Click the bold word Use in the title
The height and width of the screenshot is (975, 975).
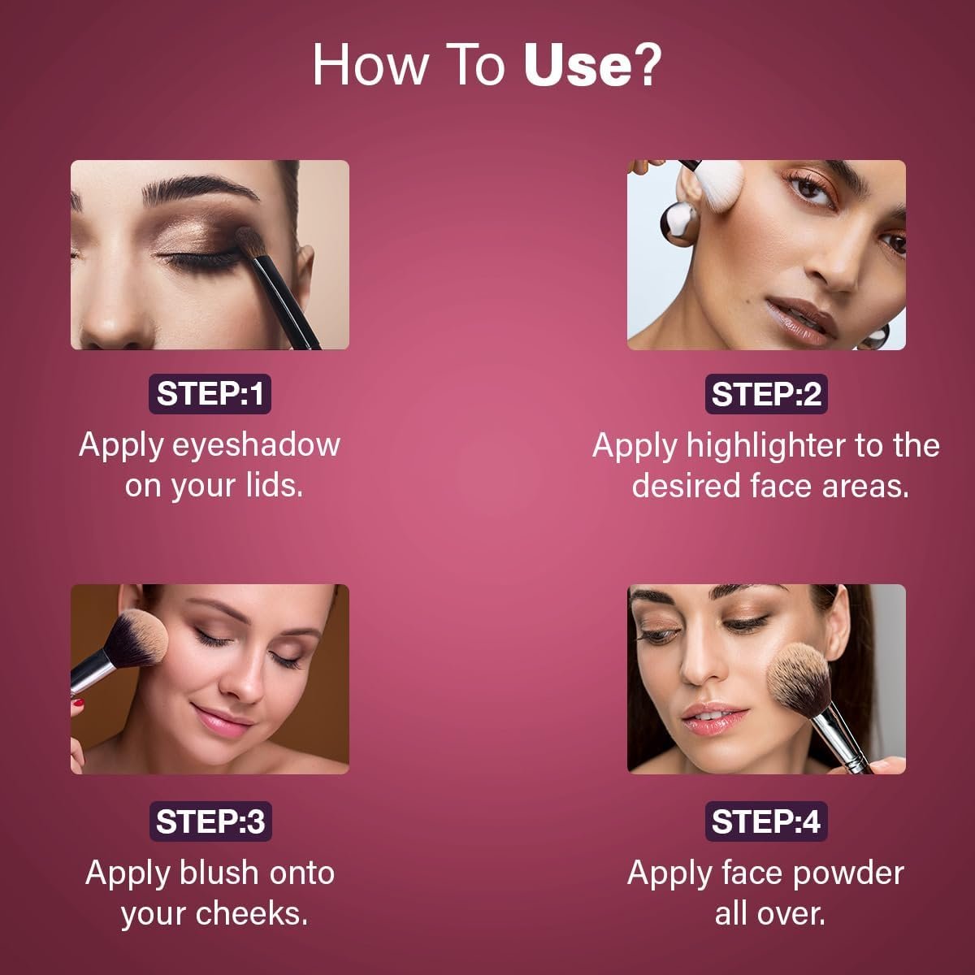point(578,66)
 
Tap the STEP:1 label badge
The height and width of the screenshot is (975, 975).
point(210,393)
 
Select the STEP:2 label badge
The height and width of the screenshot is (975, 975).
point(766,393)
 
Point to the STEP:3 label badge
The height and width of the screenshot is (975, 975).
point(210,821)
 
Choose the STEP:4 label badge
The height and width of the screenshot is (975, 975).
point(766,821)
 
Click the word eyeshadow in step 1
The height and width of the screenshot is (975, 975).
point(256,446)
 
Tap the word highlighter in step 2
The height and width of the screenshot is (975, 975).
point(765,447)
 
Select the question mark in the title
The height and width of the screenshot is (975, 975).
point(647,65)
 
